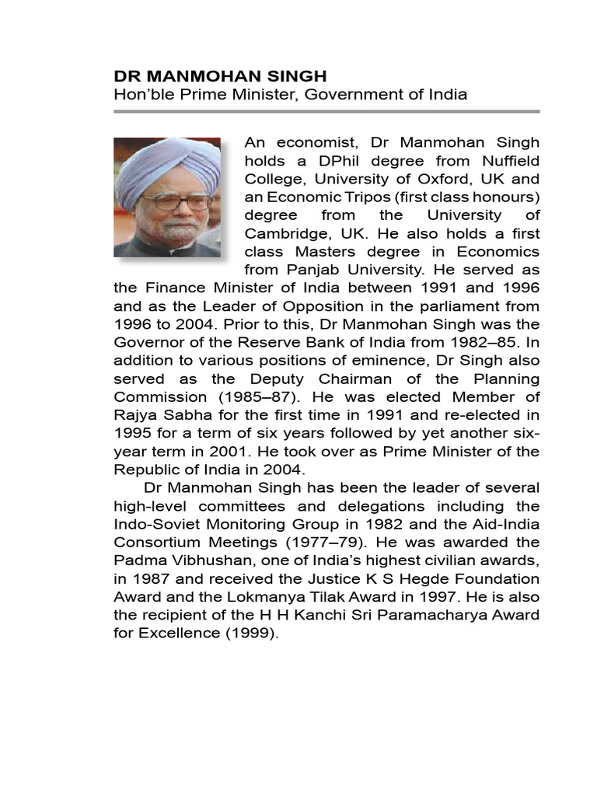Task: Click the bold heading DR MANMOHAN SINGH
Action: [220, 76]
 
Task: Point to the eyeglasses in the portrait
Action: [176, 201]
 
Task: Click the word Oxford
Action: [433, 179]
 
